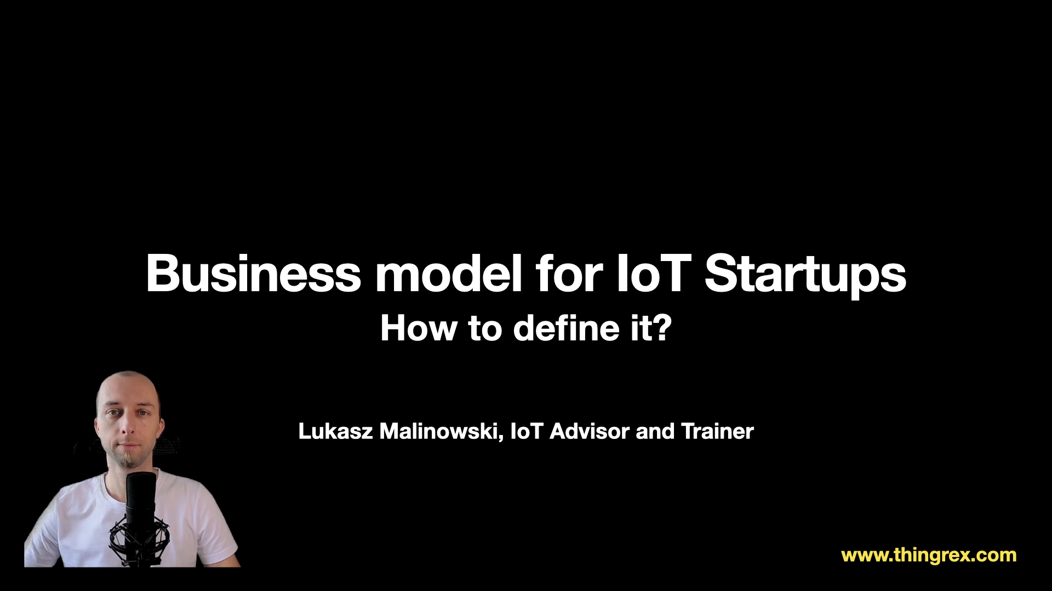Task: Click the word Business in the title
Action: [x=254, y=273]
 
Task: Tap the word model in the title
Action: [x=448, y=273]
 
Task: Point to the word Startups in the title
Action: [x=805, y=275]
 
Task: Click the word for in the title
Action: [x=569, y=273]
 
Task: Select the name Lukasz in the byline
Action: [x=336, y=431]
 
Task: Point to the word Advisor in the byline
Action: [x=590, y=431]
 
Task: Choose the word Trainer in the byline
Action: [x=718, y=431]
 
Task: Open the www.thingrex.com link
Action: [x=929, y=555]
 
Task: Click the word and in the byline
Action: [x=655, y=431]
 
